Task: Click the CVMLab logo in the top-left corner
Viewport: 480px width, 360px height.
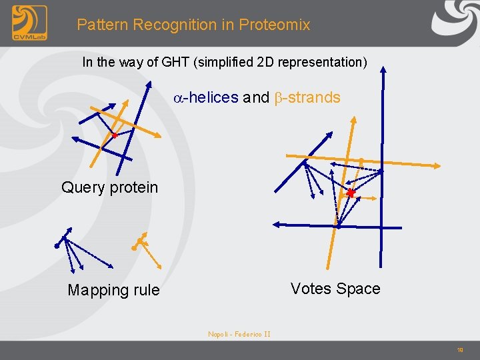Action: coord(29,24)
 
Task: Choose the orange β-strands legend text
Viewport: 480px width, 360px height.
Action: coord(307,97)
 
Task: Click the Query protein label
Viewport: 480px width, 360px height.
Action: coord(109,187)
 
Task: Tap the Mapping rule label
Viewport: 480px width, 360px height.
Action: coord(113,290)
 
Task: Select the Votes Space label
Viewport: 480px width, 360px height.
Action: coord(335,289)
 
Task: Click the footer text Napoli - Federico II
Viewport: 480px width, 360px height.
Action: coord(239,334)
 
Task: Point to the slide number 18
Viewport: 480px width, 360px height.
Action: coord(460,349)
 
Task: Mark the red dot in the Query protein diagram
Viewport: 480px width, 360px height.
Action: coord(114,135)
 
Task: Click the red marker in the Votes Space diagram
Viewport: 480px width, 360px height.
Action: coord(351,193)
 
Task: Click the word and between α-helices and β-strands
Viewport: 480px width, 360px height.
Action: coord(256,97)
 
